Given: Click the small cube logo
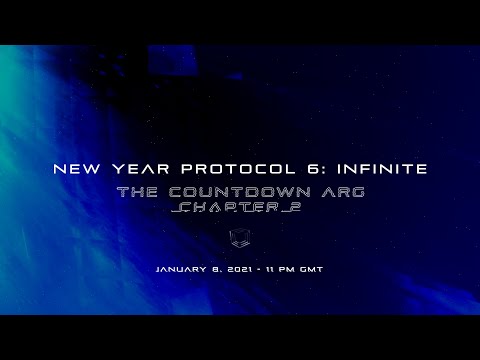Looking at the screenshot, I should (240, 238).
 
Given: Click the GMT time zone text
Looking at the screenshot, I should (309, 270).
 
